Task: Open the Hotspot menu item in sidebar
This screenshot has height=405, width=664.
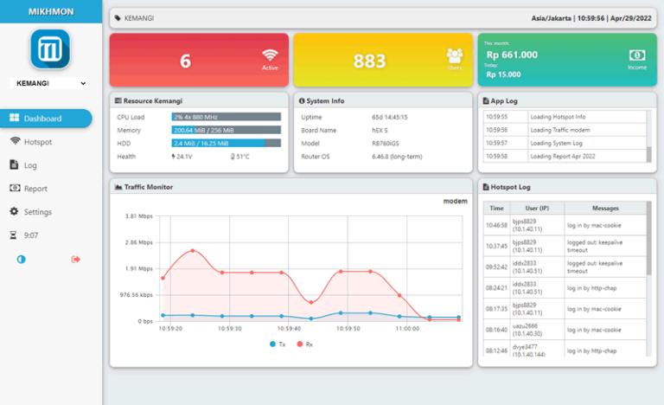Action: click(37, 142)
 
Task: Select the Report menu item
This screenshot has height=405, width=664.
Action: click(35, 189)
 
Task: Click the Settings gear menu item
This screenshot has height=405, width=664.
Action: click(37, 212)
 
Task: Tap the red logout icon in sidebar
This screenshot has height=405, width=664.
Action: click(75, 259)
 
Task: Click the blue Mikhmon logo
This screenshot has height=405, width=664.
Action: click(49, 48)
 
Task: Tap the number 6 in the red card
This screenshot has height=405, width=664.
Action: click(185, 61)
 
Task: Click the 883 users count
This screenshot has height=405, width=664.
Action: click(369, 61)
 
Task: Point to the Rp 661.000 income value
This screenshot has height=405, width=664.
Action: click(512, 55)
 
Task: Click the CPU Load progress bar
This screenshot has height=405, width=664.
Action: click(226, 116)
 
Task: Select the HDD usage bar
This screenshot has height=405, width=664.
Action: click(226, 143)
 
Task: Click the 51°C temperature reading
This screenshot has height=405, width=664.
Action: click(240, 157)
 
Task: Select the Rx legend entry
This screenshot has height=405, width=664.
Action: click(304, 344)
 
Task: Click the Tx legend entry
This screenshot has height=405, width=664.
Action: click(277, 344)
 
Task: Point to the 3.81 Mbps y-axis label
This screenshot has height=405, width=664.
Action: click(138, 216)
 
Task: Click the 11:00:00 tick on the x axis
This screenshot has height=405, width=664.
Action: click(406, 329)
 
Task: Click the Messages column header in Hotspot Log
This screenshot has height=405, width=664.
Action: click(605, 209)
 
